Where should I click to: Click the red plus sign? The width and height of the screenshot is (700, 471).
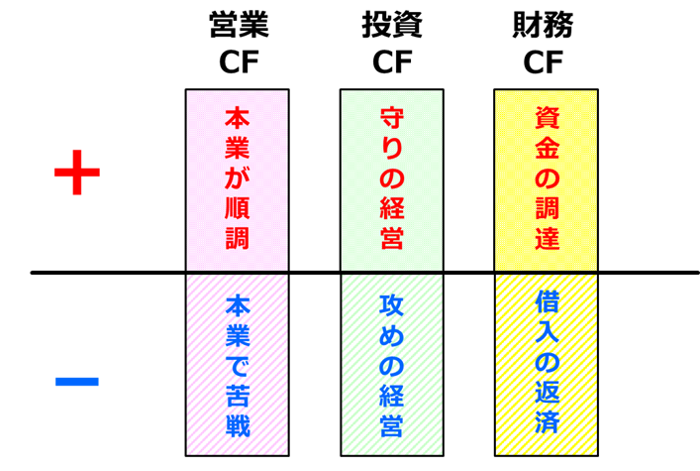point(77,173)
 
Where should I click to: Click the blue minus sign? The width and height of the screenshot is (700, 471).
point(77,382)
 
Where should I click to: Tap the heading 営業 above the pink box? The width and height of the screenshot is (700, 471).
point(239,24)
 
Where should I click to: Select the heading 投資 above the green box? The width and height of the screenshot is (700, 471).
point(392,24)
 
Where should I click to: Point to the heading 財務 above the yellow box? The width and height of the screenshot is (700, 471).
point(543,24)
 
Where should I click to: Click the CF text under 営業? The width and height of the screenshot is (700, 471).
point(239,62)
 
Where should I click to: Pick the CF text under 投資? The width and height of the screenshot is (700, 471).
point(392,62)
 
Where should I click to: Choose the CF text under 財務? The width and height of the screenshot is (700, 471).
point(543,62)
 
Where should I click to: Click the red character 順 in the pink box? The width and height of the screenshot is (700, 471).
point(237,206)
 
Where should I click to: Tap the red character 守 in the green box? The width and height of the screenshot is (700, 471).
point(392,118)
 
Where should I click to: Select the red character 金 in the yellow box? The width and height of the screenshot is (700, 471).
point(547,148)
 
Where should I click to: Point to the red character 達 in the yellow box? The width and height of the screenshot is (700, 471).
point(547,237)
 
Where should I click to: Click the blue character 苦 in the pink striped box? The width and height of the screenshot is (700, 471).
point(238,395)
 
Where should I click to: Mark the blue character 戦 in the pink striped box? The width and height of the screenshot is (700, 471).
point(238,424)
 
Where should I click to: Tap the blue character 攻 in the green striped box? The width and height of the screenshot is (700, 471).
point(391,306)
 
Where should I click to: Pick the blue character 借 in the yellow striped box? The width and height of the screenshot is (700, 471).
point(547,301)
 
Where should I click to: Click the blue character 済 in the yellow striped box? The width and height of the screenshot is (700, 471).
point(547,420)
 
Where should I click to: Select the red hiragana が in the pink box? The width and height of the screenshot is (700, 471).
point(237,177)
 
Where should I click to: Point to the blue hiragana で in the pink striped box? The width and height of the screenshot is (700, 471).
point(238,366)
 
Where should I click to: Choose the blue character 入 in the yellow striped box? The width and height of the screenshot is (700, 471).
point(547,331)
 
